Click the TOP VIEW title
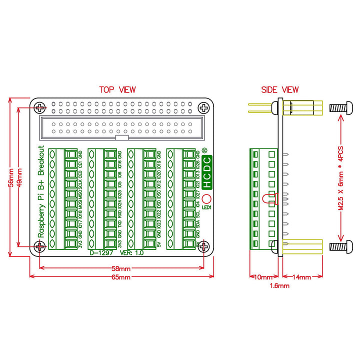click(x=117, y=90)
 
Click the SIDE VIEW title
click(x=279, y=90)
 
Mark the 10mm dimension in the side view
click(x=262, y=277)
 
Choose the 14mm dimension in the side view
click(x=300, y=277)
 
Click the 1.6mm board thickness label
click(x=279, y=286)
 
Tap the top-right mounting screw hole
click(x=204, y=107)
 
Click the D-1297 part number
click(x=101, y=253)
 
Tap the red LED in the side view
click(x=272, y=199)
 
